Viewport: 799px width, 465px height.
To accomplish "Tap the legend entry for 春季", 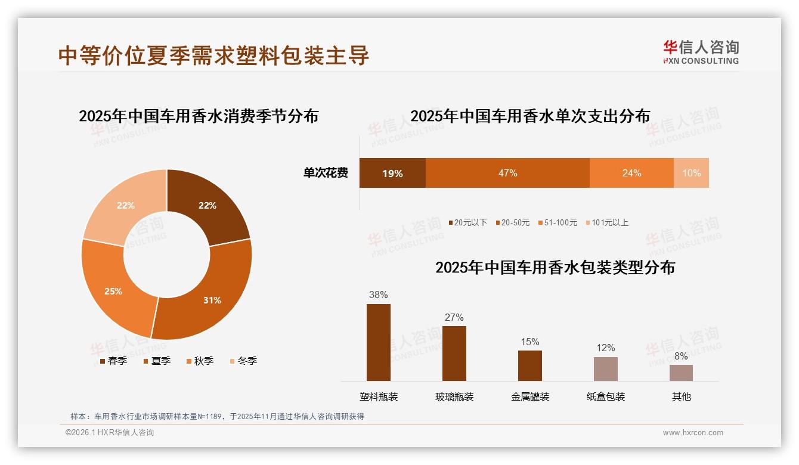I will (113, 361).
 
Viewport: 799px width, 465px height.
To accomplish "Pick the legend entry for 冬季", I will (243, 361).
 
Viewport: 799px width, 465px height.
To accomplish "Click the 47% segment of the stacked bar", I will (507, 173).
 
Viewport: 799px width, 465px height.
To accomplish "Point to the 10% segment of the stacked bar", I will (691, 173).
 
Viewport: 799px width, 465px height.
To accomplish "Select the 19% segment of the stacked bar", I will (392, 173).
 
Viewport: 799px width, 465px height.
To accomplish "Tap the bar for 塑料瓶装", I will (379, 342).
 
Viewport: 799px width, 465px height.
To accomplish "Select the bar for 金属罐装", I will (530, 365).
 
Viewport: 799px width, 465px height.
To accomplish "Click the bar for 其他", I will (681, 373).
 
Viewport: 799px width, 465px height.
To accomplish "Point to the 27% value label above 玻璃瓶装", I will (454, 317).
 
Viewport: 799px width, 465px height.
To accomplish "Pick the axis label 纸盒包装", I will (606, 396).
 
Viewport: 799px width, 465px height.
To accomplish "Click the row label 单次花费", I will (326, 173).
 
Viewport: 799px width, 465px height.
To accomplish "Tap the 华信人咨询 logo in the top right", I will (701, 52).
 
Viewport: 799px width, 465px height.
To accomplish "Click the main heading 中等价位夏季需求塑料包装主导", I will (214, 55).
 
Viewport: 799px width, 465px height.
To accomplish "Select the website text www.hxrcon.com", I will (693, 433).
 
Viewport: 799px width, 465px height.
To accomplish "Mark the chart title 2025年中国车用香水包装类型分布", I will (555, 267).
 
